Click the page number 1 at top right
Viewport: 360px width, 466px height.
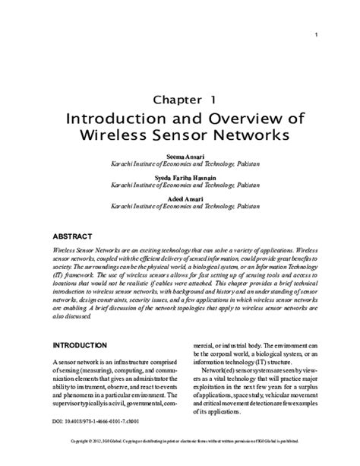coord(315,35)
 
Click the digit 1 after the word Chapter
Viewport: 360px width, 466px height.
coord(213,100)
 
